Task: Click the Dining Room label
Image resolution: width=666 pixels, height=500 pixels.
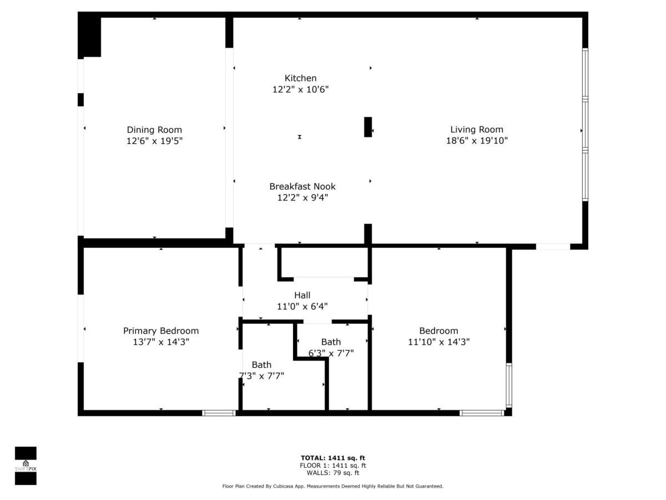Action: (x=154, y=130)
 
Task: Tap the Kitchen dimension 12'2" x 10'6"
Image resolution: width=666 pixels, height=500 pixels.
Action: (x=300, y=89)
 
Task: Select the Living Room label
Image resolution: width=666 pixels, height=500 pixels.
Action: (x=476, y=130)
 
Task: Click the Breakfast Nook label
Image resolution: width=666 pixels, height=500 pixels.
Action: (x=302, y=187)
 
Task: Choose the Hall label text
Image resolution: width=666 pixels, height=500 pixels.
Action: (x=302, y=296)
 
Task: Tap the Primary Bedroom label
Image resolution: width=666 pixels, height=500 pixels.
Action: (x=160, y=331)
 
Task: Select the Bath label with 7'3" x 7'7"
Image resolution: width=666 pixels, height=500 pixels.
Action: (x=261, y=365)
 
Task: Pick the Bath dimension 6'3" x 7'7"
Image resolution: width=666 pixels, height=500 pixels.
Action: (x=331, y=353)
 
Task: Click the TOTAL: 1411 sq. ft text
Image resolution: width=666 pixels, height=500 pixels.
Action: (x=332, y=458)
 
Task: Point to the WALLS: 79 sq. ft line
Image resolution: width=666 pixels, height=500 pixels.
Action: (x=332, y=473)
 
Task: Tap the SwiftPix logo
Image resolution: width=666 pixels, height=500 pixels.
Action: (x=26, y=466)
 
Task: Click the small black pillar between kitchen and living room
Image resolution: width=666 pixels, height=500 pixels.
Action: (x=367, y=127)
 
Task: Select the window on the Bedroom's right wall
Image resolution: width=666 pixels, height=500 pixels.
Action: (x=509, y=386)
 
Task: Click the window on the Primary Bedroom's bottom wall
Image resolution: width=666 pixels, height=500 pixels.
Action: (x=219, y=413)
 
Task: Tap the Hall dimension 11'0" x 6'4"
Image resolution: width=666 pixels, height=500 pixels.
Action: (x=302, y=306)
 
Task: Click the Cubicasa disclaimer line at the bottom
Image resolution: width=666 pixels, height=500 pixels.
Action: (x=332, y=486)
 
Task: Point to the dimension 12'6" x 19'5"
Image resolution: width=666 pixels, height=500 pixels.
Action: (x=154, y=141)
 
